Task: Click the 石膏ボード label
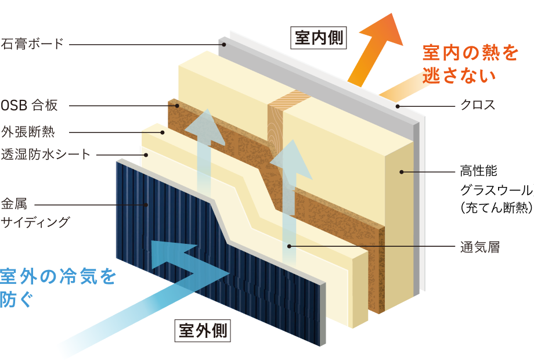click(31, 44)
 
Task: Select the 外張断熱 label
click(28, 132)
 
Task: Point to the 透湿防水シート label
click(46, 154)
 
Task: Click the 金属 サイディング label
click(35, 213)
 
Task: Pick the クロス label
click(478, 106)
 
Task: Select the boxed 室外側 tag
click(203, 332)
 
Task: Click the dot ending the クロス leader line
click(398, 106)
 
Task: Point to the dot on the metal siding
click(147, 204)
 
